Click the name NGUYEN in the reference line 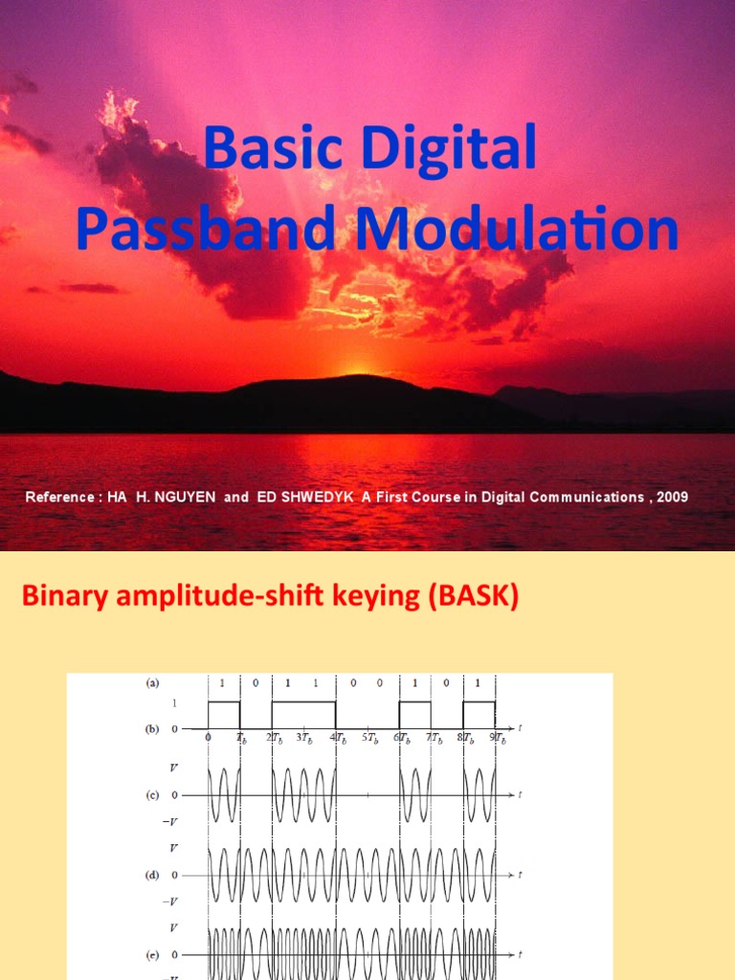pos(187,498)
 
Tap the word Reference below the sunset pos(60,498)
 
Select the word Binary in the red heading pos(56,598)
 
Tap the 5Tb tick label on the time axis pos(370,738)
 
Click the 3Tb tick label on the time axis pos(306,738)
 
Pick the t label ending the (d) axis pos(521,875)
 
